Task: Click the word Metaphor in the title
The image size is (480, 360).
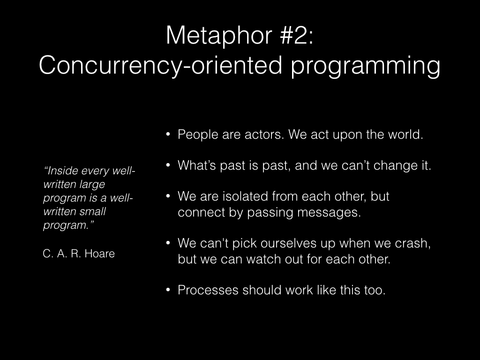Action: pos(219,36)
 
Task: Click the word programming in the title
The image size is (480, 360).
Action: pos(365,66)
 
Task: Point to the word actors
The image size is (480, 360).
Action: pos(264,135)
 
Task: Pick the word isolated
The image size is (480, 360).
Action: pos(245,196)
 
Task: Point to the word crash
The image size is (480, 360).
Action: pos(412,243)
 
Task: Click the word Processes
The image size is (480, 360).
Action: pos(208,290)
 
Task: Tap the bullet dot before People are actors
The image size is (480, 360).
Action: pos(168,134)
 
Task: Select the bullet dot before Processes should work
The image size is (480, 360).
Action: pos(168,290)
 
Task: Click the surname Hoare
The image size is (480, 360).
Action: pos(99,254)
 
